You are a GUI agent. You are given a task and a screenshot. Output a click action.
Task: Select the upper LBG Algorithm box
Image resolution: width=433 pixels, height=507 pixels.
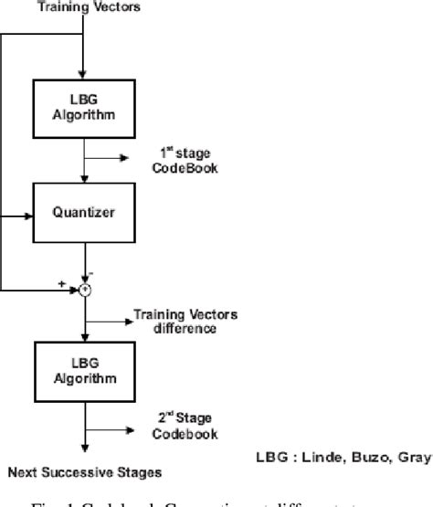[x=85, y=105]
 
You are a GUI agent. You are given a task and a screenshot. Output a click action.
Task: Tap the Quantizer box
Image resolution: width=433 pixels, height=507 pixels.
[x=85, y=217]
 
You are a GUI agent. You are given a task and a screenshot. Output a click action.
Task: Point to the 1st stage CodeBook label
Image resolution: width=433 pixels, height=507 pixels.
[x=186, y=163]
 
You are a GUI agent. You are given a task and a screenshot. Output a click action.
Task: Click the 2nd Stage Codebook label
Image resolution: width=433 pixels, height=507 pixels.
[x=187, y=425]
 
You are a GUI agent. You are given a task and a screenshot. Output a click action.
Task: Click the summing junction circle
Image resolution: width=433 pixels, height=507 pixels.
[x=85, y=290]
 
